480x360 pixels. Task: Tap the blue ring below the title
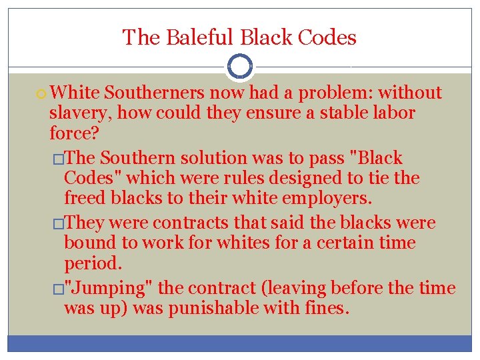239,66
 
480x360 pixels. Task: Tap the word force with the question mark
73,133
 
